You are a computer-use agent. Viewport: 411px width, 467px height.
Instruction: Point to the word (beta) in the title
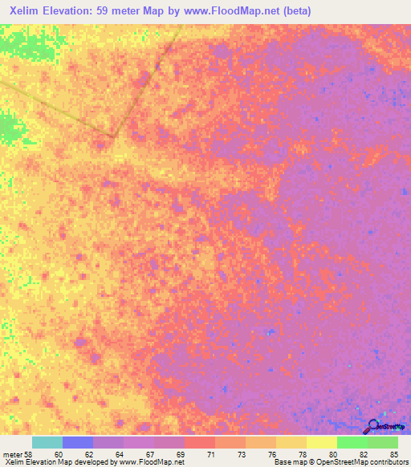point(295,11)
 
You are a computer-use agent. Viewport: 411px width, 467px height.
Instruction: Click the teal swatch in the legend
point(47,442)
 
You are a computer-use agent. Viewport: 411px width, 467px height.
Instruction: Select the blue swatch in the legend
point(78,442)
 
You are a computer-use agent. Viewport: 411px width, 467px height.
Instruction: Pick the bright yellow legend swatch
point(321,442)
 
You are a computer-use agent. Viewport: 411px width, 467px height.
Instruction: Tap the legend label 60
point(57,454)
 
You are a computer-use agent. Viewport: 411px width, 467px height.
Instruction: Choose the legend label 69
point(179,454)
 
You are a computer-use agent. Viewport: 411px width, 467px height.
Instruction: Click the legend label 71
point(210,454)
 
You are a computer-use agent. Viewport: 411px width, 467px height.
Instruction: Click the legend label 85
point(393,454)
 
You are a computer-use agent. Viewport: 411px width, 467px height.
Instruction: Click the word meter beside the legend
point(10,454)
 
